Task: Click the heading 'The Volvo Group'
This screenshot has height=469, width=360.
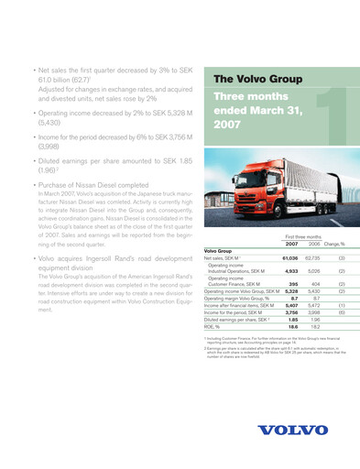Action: point(257,80)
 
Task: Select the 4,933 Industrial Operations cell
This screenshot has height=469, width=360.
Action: point(290,271)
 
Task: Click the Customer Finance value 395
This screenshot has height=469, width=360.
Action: point(293,285)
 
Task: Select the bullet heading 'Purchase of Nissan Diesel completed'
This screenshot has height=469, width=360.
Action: point(89,184)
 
